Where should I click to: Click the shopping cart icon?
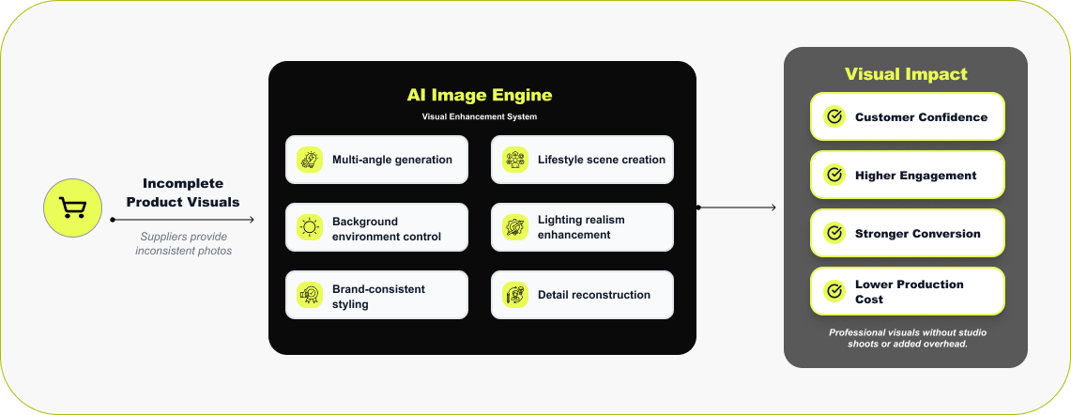pos(71,207)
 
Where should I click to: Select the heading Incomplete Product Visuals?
pos(183,192)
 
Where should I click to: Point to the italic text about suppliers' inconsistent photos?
pos(183,243)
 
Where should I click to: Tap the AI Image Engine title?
pos(479,95)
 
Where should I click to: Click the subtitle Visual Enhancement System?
pos(479,117)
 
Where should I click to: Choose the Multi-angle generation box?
pos(376,160)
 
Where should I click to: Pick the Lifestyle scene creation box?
pos(582,160)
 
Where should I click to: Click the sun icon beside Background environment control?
pos(309,227)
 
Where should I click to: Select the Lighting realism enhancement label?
pos(581,227)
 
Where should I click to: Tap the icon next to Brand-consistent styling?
pos(309,295)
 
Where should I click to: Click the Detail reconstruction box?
pos(582,295)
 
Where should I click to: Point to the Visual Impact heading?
pos(906,74)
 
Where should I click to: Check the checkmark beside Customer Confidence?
pos(834,117)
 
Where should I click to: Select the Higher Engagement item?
pos(907,176)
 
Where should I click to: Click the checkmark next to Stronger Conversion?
pos(834,234)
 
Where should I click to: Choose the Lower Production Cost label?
pos(909,292)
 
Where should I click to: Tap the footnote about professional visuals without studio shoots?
pos(907,338)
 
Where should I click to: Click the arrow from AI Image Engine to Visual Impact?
pos(737,207)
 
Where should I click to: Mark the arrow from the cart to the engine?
pos(183,220)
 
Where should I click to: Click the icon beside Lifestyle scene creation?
pos(514,160)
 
